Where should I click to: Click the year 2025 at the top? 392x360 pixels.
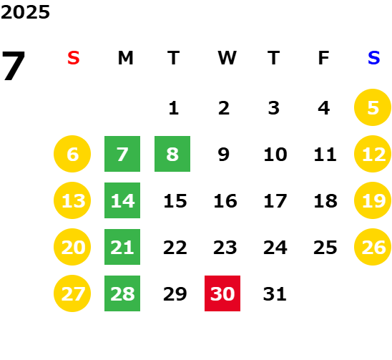tap(25, 12)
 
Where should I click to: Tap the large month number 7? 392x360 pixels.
tap(14, 66)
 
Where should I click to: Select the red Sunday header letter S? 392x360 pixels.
tap(74, 58)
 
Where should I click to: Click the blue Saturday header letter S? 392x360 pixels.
tap(374, 58)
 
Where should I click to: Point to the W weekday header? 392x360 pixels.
tap(227, 58)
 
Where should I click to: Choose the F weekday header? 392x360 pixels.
tap(324, 58)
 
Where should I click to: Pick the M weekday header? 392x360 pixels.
tap(125, 58)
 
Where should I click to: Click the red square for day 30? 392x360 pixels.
tap(222, 293)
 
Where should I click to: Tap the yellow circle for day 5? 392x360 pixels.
tap(373, 107)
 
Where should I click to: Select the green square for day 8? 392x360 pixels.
tap(172, 154)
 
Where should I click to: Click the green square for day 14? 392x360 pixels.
tap(122, 200)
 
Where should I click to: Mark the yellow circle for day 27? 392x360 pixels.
tap(72, 293)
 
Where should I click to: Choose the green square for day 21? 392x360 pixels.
tap(122, 247)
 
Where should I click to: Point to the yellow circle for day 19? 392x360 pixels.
tap(373, 200)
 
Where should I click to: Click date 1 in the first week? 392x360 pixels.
tap(174, 108)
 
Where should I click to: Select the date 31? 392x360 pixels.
tap(275, 293)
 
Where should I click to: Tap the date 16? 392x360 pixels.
tap(225, 200)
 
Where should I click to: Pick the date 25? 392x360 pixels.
tap(325, 247)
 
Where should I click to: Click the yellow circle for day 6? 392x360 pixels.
tap(72, 154)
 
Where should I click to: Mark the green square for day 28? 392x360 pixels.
tap(122, 293)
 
